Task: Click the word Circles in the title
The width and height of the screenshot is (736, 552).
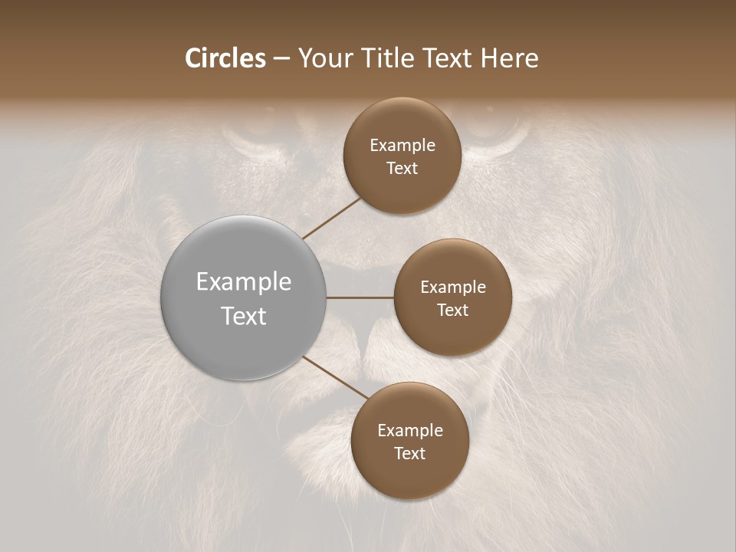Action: tap(225, 58)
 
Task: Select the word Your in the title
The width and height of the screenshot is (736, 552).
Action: tap(327, 58)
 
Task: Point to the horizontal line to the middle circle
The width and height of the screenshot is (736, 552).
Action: tap(360, 297)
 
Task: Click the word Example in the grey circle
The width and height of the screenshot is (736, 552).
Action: tap(244, 282)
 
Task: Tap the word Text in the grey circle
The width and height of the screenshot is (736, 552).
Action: tap(244, 316)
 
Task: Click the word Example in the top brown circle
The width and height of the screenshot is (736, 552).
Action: tap(402, 146)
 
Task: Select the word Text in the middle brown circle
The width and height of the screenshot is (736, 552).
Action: tap(452, 310)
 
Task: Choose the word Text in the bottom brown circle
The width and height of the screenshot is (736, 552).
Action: tap(409, 453)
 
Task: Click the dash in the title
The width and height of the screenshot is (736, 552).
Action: tap(282, 58)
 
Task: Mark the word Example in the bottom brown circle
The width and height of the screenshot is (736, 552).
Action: tap(410, 430)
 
